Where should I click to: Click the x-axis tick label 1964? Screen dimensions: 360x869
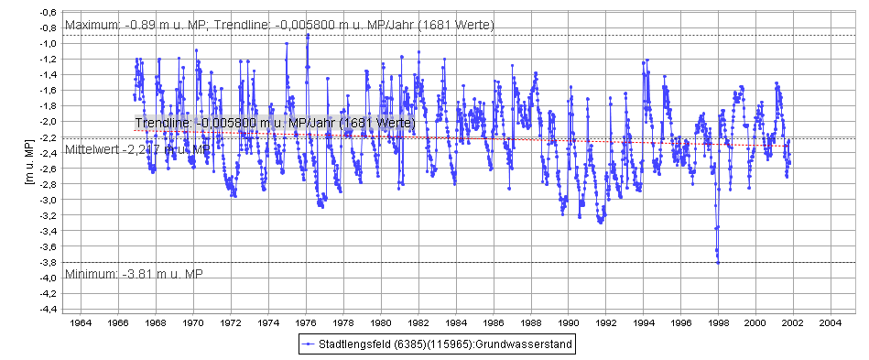click(81, 323)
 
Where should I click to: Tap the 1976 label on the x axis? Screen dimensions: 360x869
click(306, 323)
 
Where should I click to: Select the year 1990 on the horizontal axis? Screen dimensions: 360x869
click(569, 323)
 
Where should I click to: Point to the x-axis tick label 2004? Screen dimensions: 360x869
click(831, 323)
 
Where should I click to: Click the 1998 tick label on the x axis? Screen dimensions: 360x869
click(718, 323)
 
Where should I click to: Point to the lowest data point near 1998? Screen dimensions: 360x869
click(718, 263)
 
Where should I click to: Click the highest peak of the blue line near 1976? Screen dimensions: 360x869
click(308, 35)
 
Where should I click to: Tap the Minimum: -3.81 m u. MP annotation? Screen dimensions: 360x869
click(134, 274)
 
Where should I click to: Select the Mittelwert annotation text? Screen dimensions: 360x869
click(137, 148)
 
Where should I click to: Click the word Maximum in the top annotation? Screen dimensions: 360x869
click(92, 25)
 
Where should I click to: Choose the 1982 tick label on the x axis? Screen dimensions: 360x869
click(418, 323)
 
